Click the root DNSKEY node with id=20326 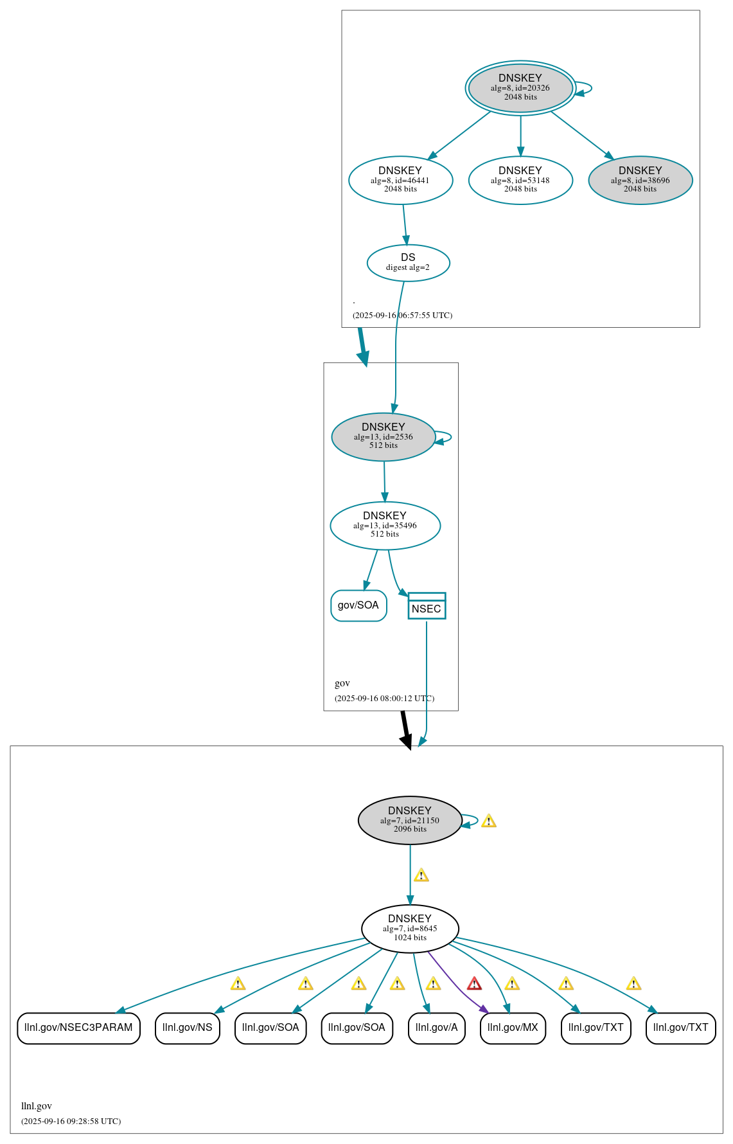(x=520, y=88)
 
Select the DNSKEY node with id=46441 (x=400, y=180)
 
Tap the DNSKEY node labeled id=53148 (x=520, y=180)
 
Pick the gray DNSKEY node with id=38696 (x=640, y=180)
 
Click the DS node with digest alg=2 (x=408, y=262)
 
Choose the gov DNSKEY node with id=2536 (x=384, y=436)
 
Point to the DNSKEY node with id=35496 (x=385, y=525)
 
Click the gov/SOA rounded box (x=358, y=605)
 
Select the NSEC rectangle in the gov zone (x=427, y=606)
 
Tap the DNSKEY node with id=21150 (x=410, y=820)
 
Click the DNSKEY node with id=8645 (x=410, y=929)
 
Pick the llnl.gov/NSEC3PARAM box (x=78, y=1028)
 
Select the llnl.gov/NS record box (x=188, y=1028)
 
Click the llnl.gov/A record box (x=437, y=1028)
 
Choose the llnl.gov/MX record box (x=513, y=1028)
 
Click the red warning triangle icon (x=474, y=984)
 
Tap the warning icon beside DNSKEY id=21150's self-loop (x=488, y=821)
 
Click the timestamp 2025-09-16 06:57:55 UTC (x=402, y=316)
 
